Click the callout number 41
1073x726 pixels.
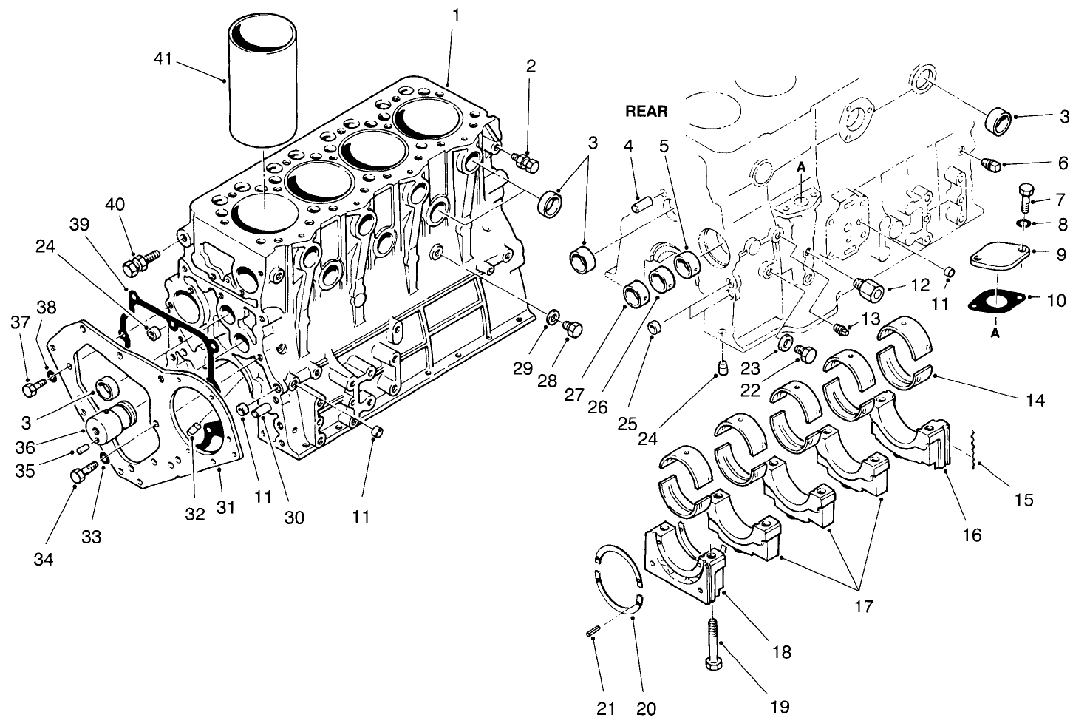(x=163, y=58)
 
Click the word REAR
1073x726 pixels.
(x=646, y=112)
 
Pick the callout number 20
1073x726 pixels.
(x=645, y=708)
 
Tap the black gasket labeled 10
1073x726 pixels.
(x=995, y=302)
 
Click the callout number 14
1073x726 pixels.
(x=1035, y=400)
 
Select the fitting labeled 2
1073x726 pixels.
(x=526, y=160)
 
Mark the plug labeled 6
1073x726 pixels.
(x=989, y=165)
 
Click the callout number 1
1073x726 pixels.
(x=456, y=14)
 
